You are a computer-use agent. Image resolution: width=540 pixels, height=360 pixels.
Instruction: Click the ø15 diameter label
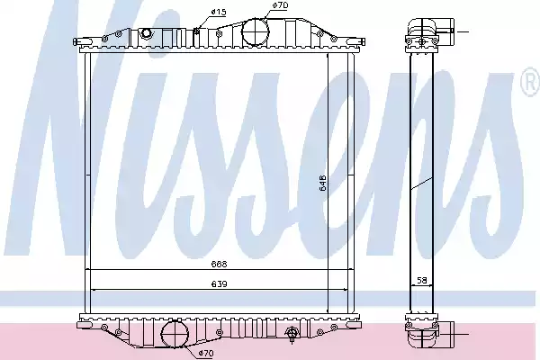pos(219,13)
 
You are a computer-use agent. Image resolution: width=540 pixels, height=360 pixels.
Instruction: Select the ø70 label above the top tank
pos(280,5)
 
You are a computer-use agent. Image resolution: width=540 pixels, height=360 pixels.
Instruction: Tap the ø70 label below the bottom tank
pos(205,353)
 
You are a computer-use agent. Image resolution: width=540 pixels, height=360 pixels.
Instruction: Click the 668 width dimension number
pos(220,265)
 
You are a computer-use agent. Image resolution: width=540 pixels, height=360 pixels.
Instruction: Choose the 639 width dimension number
pos(220,284)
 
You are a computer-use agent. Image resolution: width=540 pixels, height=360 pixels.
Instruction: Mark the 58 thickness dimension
pos(422,281)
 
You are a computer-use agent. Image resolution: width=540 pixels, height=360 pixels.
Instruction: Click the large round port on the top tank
pos(256,31)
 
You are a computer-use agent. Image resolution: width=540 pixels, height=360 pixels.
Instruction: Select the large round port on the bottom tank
pos(175,335)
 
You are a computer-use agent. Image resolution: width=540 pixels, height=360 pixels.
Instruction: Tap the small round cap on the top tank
pos(147,33)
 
